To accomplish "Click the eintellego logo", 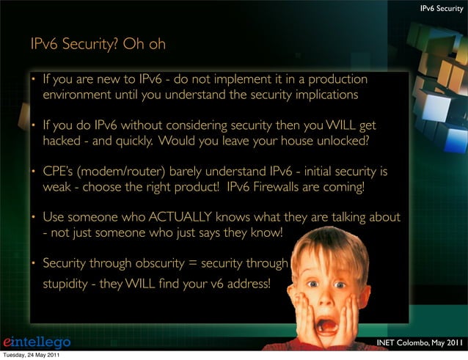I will tap(37, 342).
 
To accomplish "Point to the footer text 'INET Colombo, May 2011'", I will tap(420, 342).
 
